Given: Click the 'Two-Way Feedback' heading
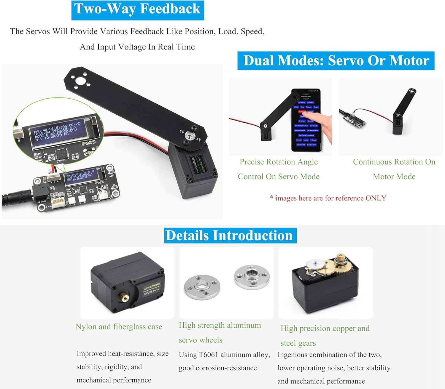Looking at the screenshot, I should (x=137, y=9).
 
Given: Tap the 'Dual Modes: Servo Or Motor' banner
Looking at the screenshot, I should (x=336, y=61).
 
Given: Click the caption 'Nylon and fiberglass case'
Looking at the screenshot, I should (x=119, y=326).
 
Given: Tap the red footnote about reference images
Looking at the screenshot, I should (x=328, y=198).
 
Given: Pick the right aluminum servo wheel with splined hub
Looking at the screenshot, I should (x=252, y=277).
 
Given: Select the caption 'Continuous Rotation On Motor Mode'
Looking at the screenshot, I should (x=394, y=169).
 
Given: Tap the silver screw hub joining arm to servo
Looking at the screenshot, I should (x=189, y=136).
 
